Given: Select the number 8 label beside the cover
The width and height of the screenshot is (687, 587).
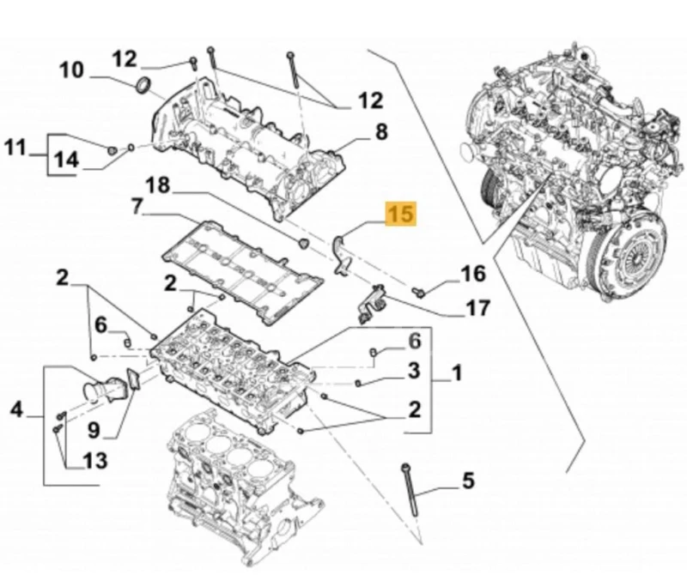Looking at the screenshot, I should (x=380, y=131).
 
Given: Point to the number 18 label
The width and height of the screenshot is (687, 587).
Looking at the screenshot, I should (x=159, y=185).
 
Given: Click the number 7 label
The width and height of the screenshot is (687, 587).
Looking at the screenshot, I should (x=137, y=207).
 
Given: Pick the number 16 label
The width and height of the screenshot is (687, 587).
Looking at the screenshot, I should (x=472, y=274).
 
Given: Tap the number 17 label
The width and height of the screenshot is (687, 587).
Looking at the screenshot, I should (x=477, y=306).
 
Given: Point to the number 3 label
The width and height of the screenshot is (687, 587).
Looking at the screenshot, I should (x=413, y=372).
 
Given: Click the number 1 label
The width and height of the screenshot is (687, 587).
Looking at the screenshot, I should (x=457, y=373).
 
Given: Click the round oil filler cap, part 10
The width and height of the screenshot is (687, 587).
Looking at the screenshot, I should (x=145, y=85).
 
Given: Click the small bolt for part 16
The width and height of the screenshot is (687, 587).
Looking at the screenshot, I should (x=419, y=292).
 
